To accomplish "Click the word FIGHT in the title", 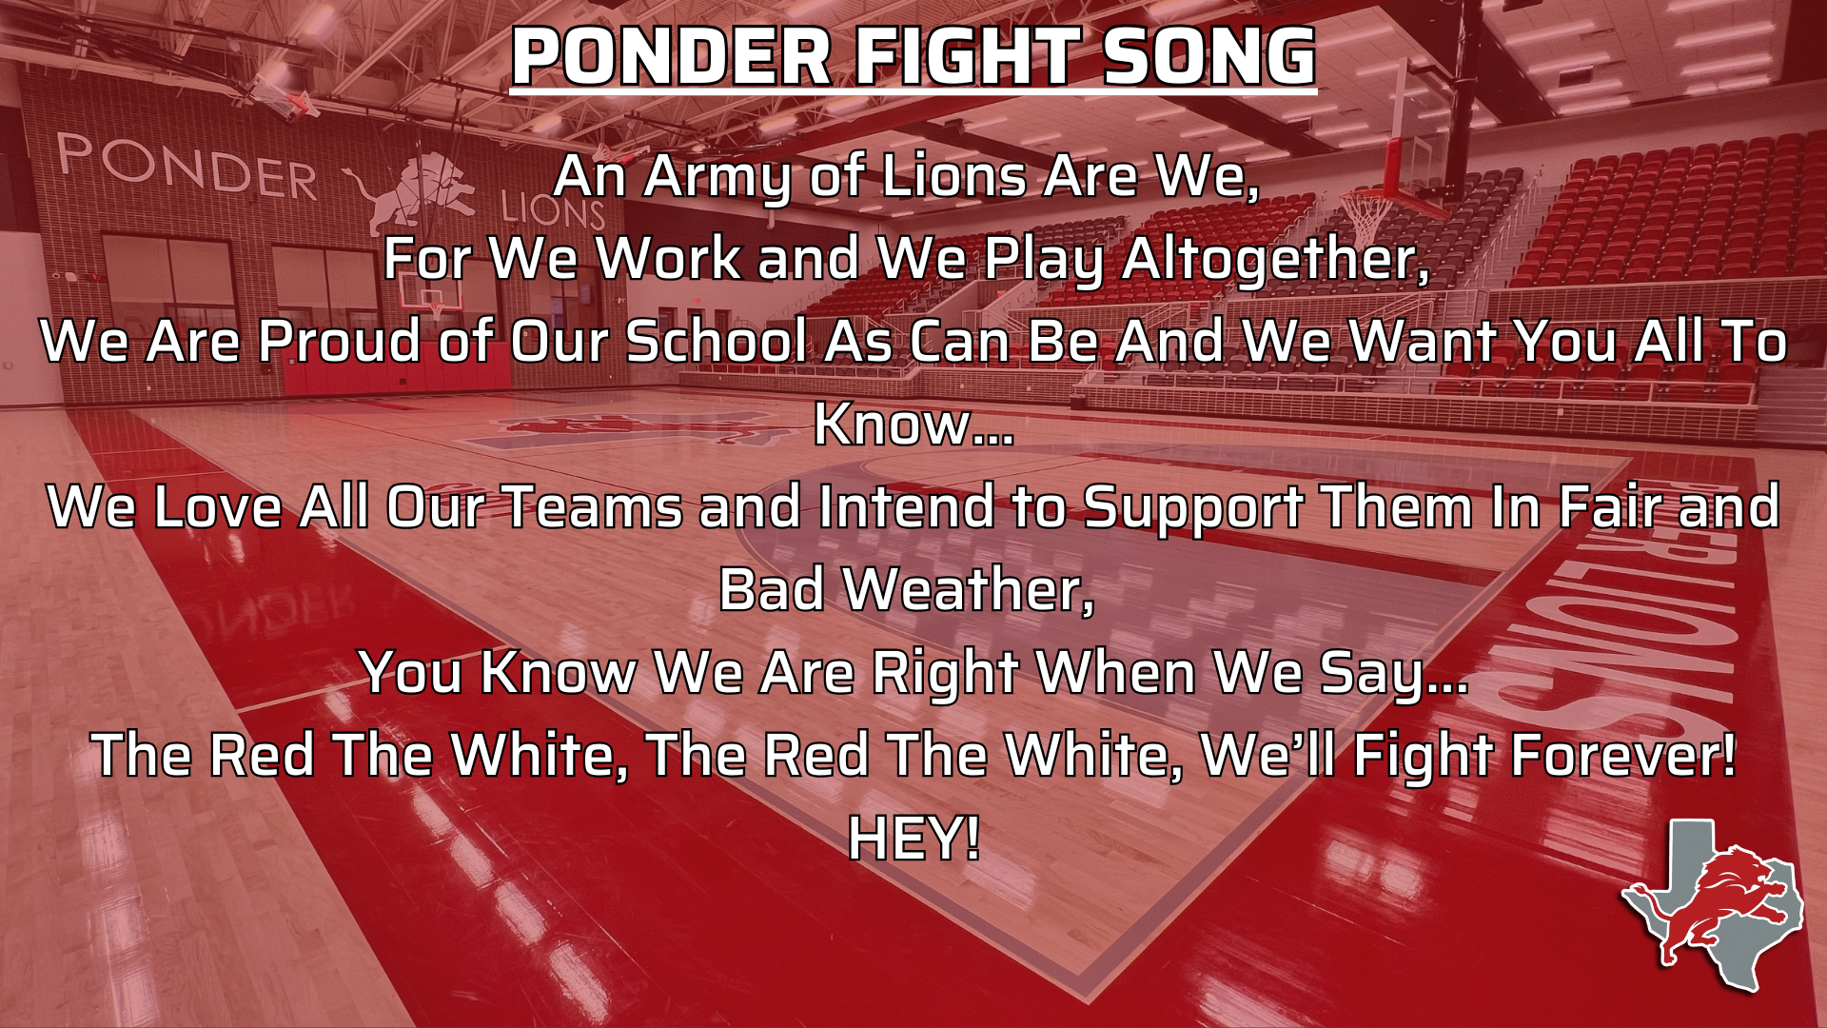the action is click(x=966, y=57).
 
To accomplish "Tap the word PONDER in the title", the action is click(x=672, y=57).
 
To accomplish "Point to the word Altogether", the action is click(x=1276, y=259).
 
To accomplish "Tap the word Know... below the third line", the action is click(x=913, y=424).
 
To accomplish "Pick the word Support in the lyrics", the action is click(x=1192, y=509).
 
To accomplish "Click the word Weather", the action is click(x=970, y=590).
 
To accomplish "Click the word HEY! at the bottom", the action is click(x=913, y=839).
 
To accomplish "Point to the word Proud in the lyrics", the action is click(x=339, y=341).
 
